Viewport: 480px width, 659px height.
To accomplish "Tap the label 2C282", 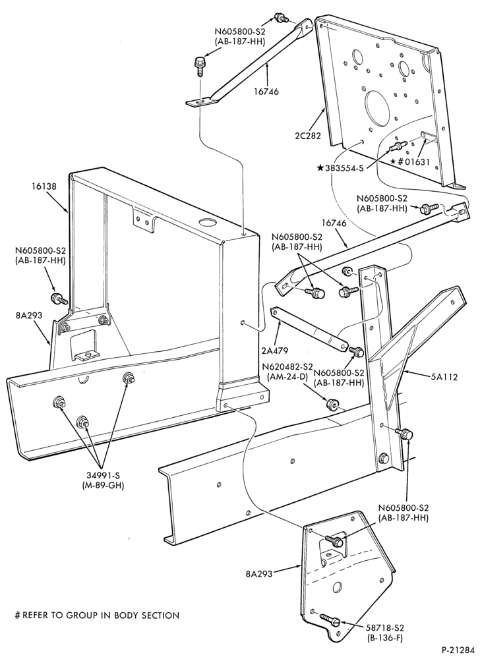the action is (x=308, y=136).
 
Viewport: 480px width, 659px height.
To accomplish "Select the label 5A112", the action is (x=444, y=378).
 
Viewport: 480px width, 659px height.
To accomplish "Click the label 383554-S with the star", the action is (x=340, y=168).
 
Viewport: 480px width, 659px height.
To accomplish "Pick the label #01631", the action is (x=410, y=162).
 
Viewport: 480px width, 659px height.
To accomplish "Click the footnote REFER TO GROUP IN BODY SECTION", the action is (x=97, y=616).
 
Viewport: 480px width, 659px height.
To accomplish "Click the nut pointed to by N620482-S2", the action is (x=332, y=405).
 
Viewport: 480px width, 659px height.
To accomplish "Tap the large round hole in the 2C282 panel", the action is (x=379, y=105).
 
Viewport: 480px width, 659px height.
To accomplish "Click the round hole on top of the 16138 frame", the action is (x=206, y=222).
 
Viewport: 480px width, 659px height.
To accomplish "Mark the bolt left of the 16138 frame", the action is (x=59, y=299).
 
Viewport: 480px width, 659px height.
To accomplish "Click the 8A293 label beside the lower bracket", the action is (x=259, y=573).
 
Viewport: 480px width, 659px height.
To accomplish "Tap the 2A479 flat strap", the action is (x=309, y=329).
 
